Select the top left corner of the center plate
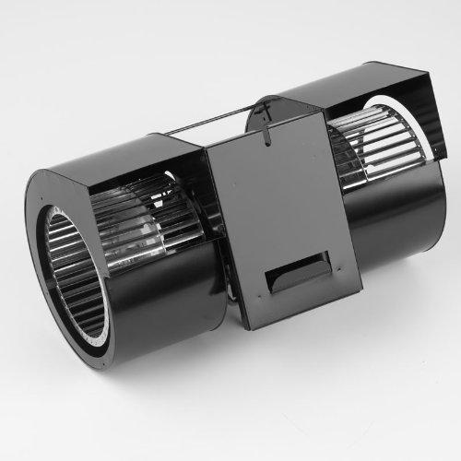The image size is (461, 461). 207,152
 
